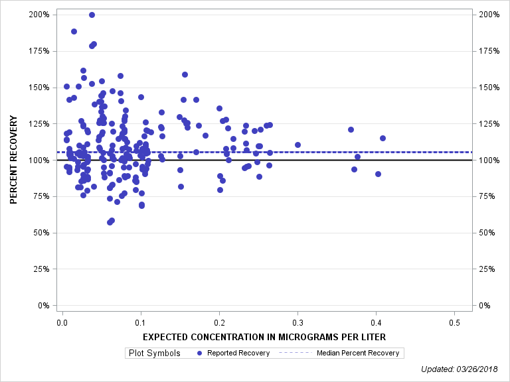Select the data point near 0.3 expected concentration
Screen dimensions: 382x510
297,145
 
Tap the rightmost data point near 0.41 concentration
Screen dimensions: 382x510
382,138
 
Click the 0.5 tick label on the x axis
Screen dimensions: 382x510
454,322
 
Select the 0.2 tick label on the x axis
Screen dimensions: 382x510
218,322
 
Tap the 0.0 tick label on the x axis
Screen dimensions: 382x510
62,322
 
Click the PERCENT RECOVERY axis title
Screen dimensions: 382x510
13,160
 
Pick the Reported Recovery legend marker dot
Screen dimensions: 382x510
199,353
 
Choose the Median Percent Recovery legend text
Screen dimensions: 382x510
358,353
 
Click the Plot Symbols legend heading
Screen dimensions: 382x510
153,353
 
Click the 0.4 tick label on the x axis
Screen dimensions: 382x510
376,322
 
